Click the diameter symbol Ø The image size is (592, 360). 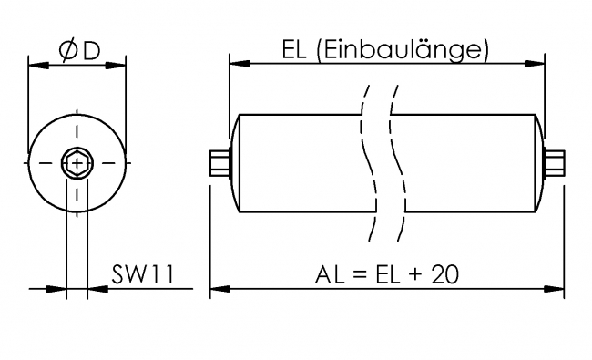[x=66, y=51]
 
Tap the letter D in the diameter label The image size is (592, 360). [x=90, y=51]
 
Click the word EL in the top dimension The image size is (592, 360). [x=293, y=50]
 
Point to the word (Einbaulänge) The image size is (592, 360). [x=402, y=51]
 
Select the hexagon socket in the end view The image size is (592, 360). [x=77, y=165]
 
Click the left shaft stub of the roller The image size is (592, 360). [x=219, y=164]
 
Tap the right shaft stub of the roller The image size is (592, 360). [x=554, y=164]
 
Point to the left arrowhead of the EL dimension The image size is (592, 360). [x=235, y=64]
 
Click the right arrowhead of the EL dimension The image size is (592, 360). [x=538, y=64]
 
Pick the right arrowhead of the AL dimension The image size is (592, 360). [x=556, y=290]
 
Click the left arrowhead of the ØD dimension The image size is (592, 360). [x=36, y=64]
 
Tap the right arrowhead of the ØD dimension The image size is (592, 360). [x=118, y=64]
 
